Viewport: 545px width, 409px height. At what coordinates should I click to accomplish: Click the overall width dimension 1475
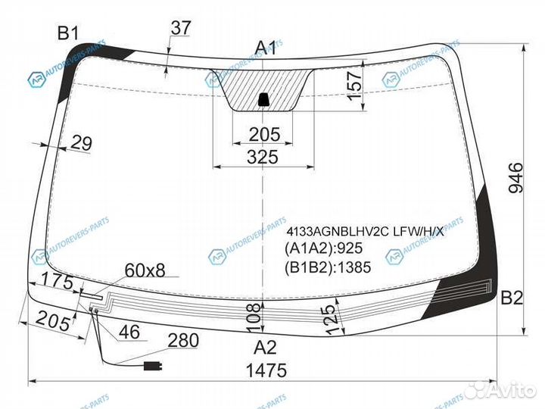point(266,370)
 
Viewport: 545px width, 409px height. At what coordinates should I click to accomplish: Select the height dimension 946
point(515,177)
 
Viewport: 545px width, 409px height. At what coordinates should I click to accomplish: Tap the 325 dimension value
point(263,157)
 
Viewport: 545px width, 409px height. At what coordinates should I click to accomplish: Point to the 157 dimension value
point(355,86)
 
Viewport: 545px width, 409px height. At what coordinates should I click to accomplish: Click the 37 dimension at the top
point(181,28)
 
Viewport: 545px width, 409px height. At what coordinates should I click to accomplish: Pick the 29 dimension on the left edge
point(82,143)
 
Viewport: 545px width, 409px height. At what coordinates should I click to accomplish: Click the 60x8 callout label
point(145,270)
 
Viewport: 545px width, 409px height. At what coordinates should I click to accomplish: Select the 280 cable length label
point(183,341)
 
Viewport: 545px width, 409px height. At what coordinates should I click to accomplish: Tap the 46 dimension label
point(129,332)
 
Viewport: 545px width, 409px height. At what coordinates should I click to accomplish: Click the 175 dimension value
point(58,281)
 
